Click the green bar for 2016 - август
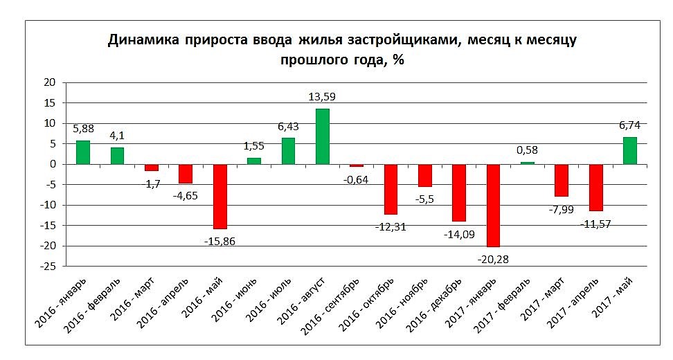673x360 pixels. (323, 136)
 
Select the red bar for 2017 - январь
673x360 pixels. (493, 205)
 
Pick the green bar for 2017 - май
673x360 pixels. (630, 150)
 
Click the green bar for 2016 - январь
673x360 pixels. (83, 152)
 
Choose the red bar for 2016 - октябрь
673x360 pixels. (391, 189)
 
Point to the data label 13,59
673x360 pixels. (322, 97)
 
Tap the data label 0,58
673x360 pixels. (528, 150)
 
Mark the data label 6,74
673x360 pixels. (630, 125)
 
